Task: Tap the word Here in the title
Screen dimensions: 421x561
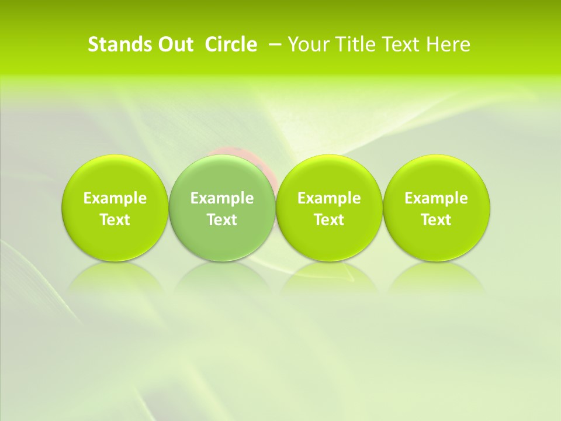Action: (448, 44)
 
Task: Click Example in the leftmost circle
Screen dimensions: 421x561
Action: (115, 198)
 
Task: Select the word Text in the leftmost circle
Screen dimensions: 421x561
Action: (115, 220)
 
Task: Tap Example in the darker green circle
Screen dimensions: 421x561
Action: (222, 198)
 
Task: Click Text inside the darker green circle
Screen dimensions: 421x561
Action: (222, 220)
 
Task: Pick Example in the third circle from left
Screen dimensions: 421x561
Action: (329, 198)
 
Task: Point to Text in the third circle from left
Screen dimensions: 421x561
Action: (329, 220)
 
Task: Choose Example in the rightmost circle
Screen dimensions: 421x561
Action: (436, 198)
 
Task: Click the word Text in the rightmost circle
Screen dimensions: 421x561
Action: (436, 220)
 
